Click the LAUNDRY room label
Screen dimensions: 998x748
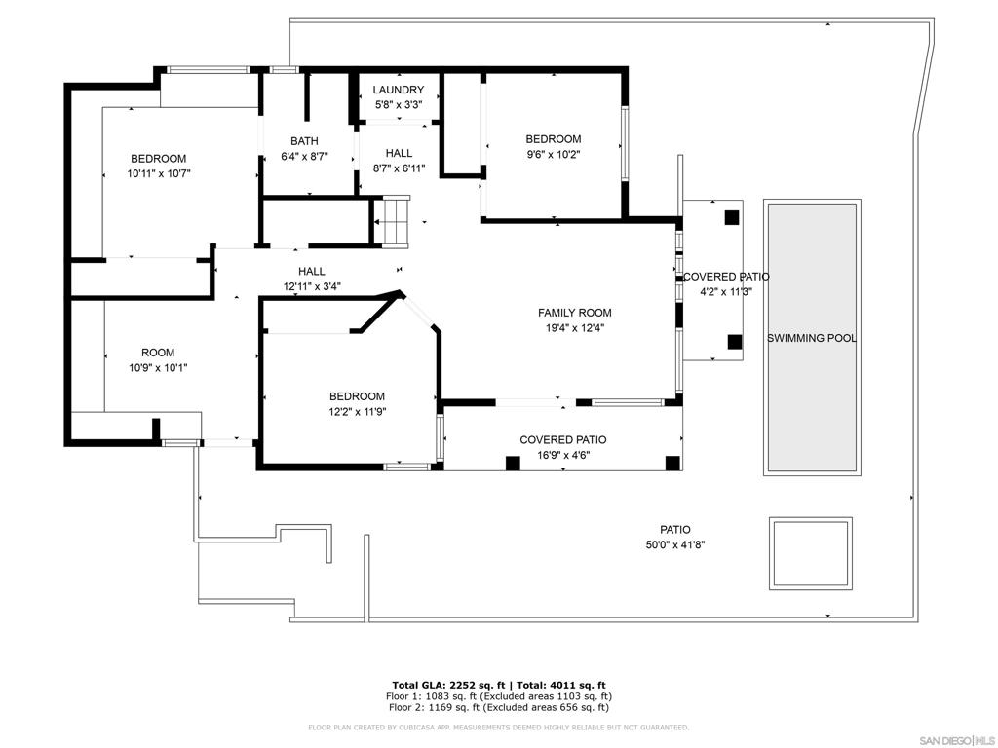(x=399, y=90)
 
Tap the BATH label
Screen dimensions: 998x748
(x=304, y=140)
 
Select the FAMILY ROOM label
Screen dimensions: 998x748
(x=575, y=313)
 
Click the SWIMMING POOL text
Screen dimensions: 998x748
(x=812, y=338)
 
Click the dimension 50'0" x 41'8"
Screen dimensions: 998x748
(x=675, y=544)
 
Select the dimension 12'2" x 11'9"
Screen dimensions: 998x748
(x=357, y=412)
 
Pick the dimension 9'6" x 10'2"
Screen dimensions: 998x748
(x=554, y=154)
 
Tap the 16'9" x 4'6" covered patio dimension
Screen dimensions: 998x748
(x=563, y=455)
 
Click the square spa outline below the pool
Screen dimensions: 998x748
(x=810, y=553)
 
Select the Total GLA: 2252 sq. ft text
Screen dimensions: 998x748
(x=448, y=685)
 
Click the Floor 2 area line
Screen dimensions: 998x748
(x=498, y=707)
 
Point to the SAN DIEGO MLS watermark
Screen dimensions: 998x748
(x=959, y=740)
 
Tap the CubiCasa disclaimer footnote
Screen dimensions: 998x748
(x=498, y=727)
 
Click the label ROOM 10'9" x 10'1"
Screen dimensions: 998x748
(x=158, y=360)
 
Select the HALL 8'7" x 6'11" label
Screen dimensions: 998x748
(x=399, y=161)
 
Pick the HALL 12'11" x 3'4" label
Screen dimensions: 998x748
(x=312, y=279)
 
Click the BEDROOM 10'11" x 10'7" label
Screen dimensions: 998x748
(x=159, y=166)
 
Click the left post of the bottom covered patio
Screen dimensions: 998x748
(x=513, y=464)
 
